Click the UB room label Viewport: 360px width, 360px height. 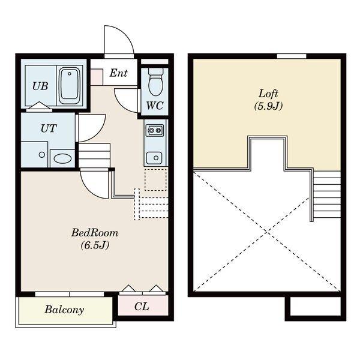tap(40, 86)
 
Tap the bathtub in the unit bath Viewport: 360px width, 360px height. tap(70, 85)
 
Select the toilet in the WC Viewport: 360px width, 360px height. tap(155, 81)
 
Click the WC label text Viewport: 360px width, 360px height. tap(155, 106)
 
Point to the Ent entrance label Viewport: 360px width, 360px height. tap(118, 73)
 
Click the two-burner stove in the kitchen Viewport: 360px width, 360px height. tap(155, 130)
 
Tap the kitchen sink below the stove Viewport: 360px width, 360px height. tap(154, 158)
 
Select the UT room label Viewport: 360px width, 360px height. tap(49, 128)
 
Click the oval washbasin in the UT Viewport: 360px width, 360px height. tap(62, 158)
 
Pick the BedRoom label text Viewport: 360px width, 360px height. tap(95, 233)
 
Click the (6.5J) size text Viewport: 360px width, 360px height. tap(95, 245)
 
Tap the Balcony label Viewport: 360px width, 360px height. tap(64, 310)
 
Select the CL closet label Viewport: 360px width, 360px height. tap(142, 306)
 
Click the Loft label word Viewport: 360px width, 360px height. tap(268, 94)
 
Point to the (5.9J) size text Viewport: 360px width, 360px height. tap(268, 106)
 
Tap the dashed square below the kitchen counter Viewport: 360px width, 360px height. tap(155, 180)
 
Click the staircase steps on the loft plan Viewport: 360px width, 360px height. tap(327, 195)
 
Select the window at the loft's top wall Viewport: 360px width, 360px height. tap(292, 56)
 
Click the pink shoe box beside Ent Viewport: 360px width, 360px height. tap(97, 77)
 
